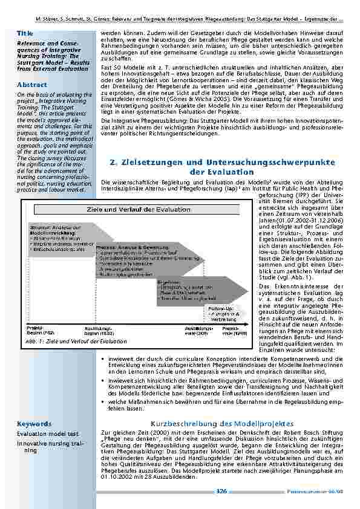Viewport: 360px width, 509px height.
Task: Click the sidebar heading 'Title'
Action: [x=25, y=33]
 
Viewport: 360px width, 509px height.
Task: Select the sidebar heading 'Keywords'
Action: [x=34, y=424]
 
